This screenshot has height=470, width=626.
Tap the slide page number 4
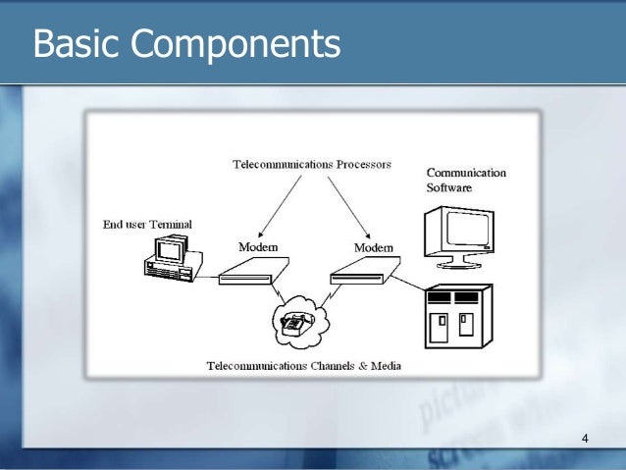pos(586,438)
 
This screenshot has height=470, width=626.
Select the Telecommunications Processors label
pos(311,164)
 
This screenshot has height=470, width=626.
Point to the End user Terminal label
pos(147,225)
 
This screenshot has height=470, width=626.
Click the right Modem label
pos(374,247)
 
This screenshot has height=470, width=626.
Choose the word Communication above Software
pos(466,173)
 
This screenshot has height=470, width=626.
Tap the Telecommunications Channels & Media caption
pos(303,366)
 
